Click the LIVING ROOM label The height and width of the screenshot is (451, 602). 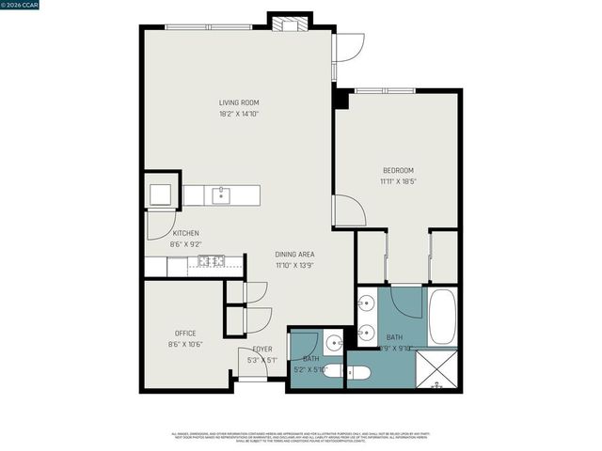pos(239,102)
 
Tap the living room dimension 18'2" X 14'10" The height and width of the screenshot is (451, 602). pos(239,114)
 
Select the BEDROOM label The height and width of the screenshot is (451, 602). pos(398,170)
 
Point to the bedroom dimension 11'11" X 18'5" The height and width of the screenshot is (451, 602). pos(398,180)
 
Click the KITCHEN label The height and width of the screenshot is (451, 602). pos(184,233)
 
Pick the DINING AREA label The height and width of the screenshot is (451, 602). pos(294,255)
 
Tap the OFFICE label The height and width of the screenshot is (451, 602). pos(184,334)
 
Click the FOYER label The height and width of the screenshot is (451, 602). pos(262,349)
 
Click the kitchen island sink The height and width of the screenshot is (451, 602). pos(221,195)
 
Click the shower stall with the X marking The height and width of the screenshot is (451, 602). pos(436,369)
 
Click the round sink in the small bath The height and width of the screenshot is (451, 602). pos(333,342)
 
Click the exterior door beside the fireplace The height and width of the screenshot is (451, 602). pos(348,47)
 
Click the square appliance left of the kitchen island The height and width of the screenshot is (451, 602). pos(160,194)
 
